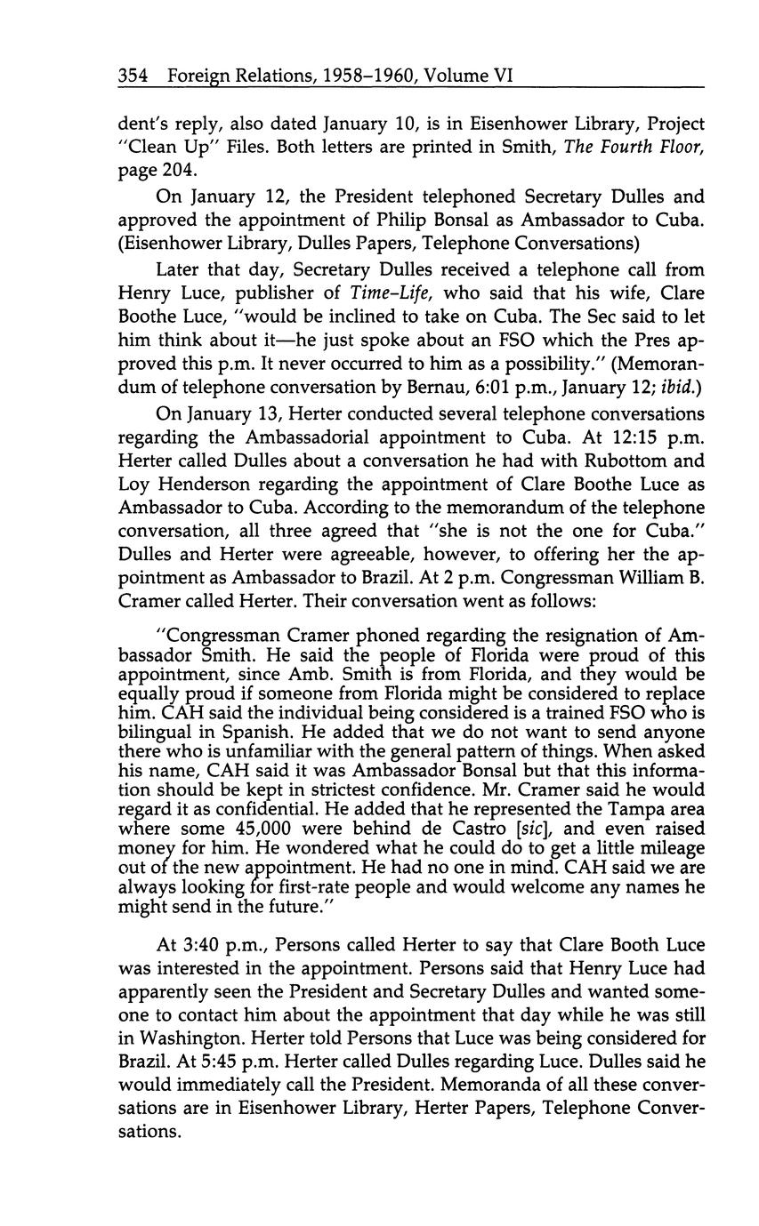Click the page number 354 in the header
click(x=134, y=77)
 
